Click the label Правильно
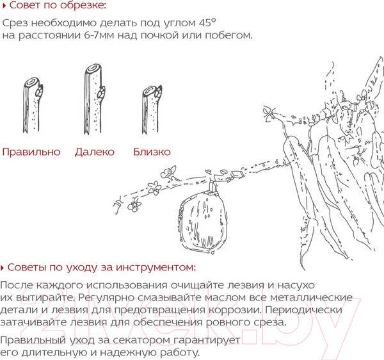31,152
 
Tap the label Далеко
94,152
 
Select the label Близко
152,152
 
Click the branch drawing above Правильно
33,106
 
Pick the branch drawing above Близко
150,110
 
